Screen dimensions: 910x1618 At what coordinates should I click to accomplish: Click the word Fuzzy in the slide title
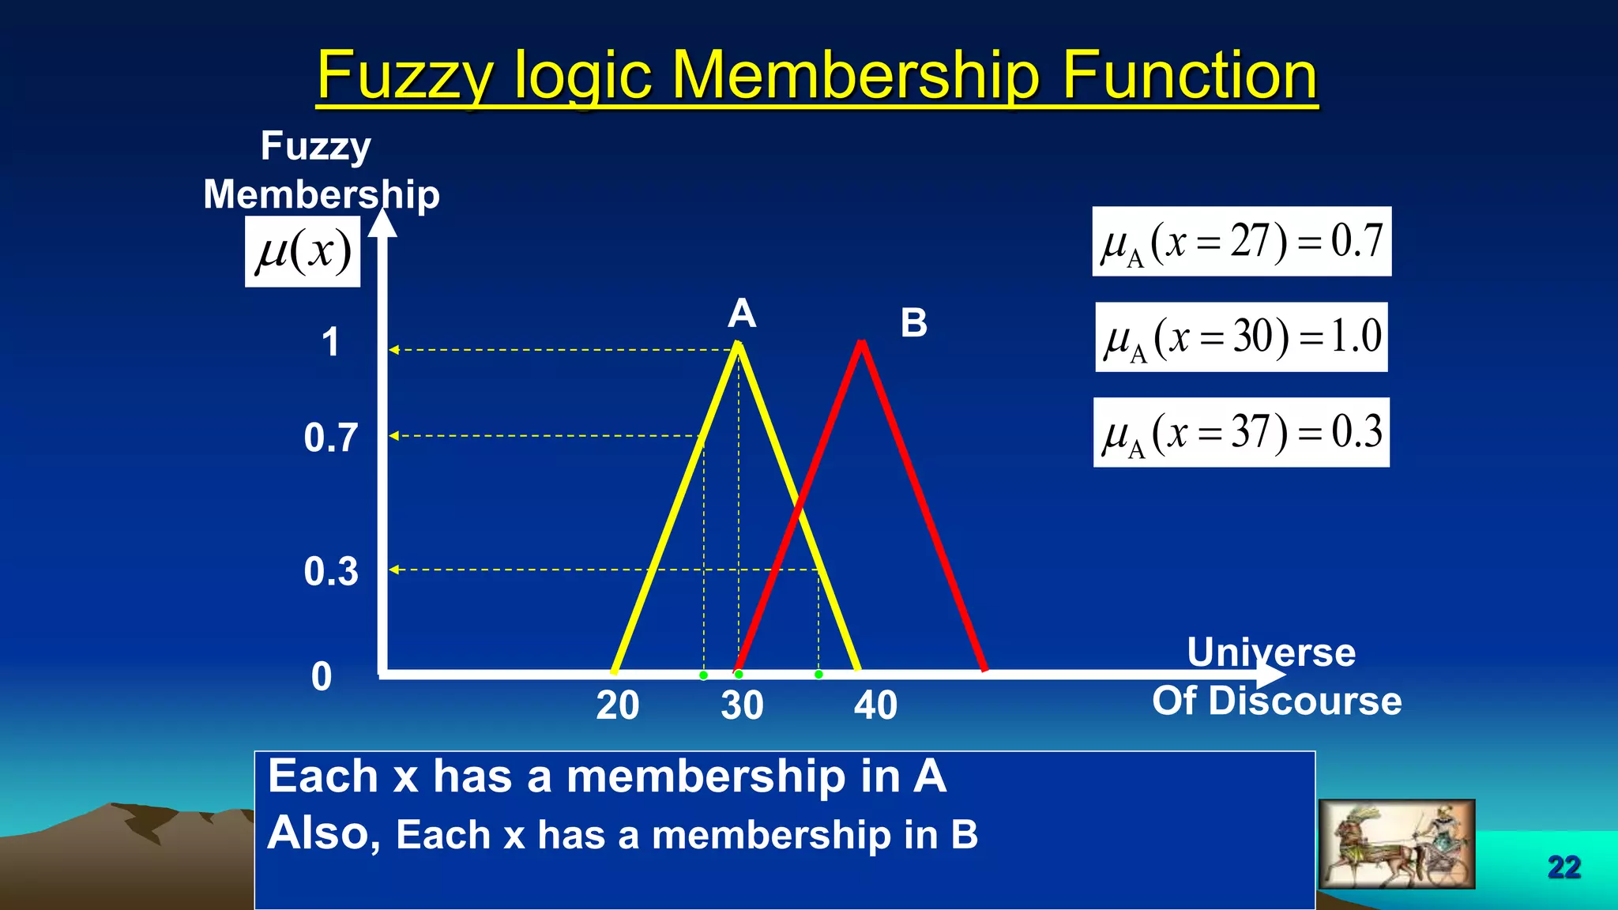tap(404, 77)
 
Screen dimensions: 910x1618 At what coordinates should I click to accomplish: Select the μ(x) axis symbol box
tap(303, 252)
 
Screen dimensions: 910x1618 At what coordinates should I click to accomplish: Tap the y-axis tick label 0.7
tap(331, 438)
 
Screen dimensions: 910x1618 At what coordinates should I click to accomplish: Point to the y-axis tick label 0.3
tap(331, 571)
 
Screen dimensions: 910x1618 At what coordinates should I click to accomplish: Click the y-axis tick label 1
tap(330, 343)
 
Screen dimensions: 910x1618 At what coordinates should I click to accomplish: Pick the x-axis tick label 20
tap(617, 705)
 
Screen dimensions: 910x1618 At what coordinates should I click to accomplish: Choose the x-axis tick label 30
tap(742, 705)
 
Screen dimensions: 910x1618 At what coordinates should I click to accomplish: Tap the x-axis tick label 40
tap(875, 705)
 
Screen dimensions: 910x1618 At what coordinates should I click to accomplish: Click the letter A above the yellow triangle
tap(742, 314)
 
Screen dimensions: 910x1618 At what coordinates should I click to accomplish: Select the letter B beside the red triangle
tap(914, 323)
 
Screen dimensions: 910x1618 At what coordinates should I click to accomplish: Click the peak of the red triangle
tap(861, 343)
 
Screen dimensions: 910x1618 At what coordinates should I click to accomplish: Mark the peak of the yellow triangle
tap(738, 344)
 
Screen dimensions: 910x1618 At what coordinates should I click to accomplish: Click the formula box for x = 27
tap(1241, 242)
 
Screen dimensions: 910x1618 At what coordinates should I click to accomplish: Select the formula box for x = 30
tap(1241, 337)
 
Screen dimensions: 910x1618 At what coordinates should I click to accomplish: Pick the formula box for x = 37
tap(1241, 433)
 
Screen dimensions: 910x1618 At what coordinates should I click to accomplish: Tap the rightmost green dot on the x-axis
tap(818, 675)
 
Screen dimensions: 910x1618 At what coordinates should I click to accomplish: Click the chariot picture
tap(1396, 844)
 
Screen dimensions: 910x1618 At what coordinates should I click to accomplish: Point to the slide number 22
tap(1563, 867)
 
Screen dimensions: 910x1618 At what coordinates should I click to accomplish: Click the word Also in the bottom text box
tap(318, 833)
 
